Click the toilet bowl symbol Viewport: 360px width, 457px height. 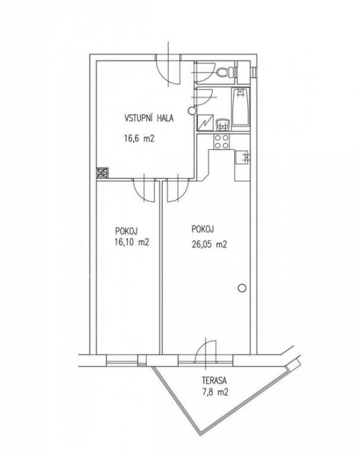[224, 71]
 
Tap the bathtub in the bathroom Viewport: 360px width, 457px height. [241, 106]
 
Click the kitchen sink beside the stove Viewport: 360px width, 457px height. [243, 156]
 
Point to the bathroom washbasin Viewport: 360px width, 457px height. [223, 125]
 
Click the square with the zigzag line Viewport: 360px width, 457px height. [205, 123]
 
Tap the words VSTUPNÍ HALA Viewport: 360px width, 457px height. [149, 118]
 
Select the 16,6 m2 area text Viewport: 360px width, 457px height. [139, 138]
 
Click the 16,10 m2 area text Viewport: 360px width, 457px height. [132, 242]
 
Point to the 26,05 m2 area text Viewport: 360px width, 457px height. [209, 244]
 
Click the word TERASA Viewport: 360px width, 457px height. [214, 380]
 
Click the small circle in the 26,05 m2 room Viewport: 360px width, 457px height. [242, 288]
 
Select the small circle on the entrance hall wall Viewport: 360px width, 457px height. [191, 110]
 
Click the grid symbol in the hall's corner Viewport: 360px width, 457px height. [102, 173]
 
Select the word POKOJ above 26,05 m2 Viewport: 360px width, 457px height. [203, 229]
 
